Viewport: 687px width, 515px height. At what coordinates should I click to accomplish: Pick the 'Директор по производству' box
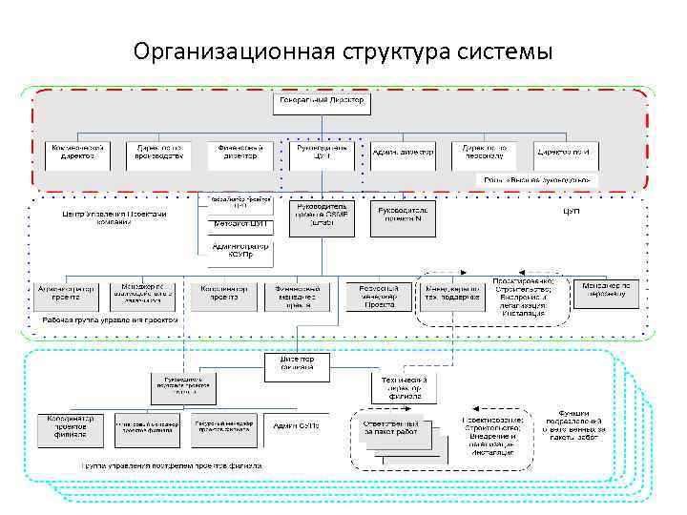(158, 153)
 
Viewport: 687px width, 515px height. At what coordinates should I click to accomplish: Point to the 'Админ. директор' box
(402, 153)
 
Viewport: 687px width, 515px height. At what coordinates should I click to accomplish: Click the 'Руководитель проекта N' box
(407, 213)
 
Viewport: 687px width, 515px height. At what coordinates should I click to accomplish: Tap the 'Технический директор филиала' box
(406, 386)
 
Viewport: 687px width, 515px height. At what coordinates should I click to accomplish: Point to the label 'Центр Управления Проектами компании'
(114, 218)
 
